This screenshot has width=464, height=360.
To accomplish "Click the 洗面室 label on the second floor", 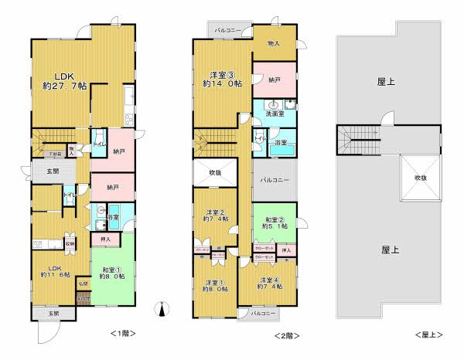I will click(x=275, y=114).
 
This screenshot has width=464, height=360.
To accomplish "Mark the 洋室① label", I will click(x=215, y=285).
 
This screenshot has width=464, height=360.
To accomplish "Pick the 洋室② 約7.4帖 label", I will click(x=215, y=217).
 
